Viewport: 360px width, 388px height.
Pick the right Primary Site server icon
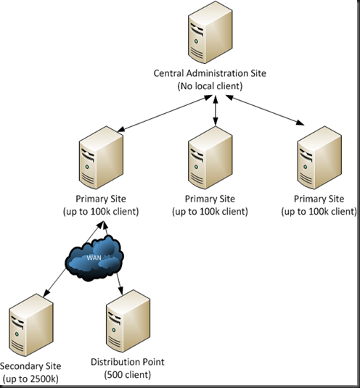[x=320, y=158]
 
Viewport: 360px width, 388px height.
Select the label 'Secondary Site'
[x=31, y=366]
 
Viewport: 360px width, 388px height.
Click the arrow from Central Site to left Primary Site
[x=159, y=116]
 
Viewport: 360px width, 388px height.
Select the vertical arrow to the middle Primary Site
[x=215, y=113]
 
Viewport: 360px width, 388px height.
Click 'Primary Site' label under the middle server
[x=210, y=199]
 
